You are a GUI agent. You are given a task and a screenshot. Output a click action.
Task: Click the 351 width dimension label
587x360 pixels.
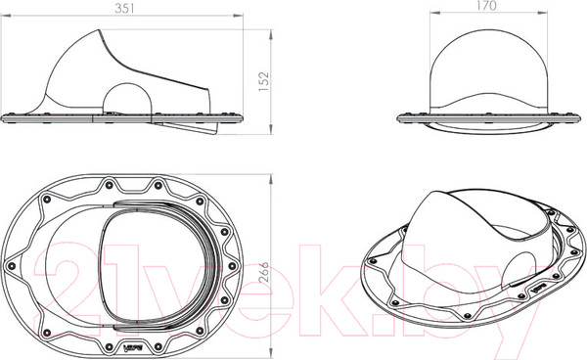tap(124, 8)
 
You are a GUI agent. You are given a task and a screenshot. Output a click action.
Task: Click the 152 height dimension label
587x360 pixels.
tap(263, 81)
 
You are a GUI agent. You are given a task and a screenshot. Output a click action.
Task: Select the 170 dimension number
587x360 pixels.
tap(486, 5)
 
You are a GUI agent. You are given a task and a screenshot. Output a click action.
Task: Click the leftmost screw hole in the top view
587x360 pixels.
tap(11, 266)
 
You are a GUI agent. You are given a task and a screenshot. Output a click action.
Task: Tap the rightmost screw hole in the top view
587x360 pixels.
tap(232, 266)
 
